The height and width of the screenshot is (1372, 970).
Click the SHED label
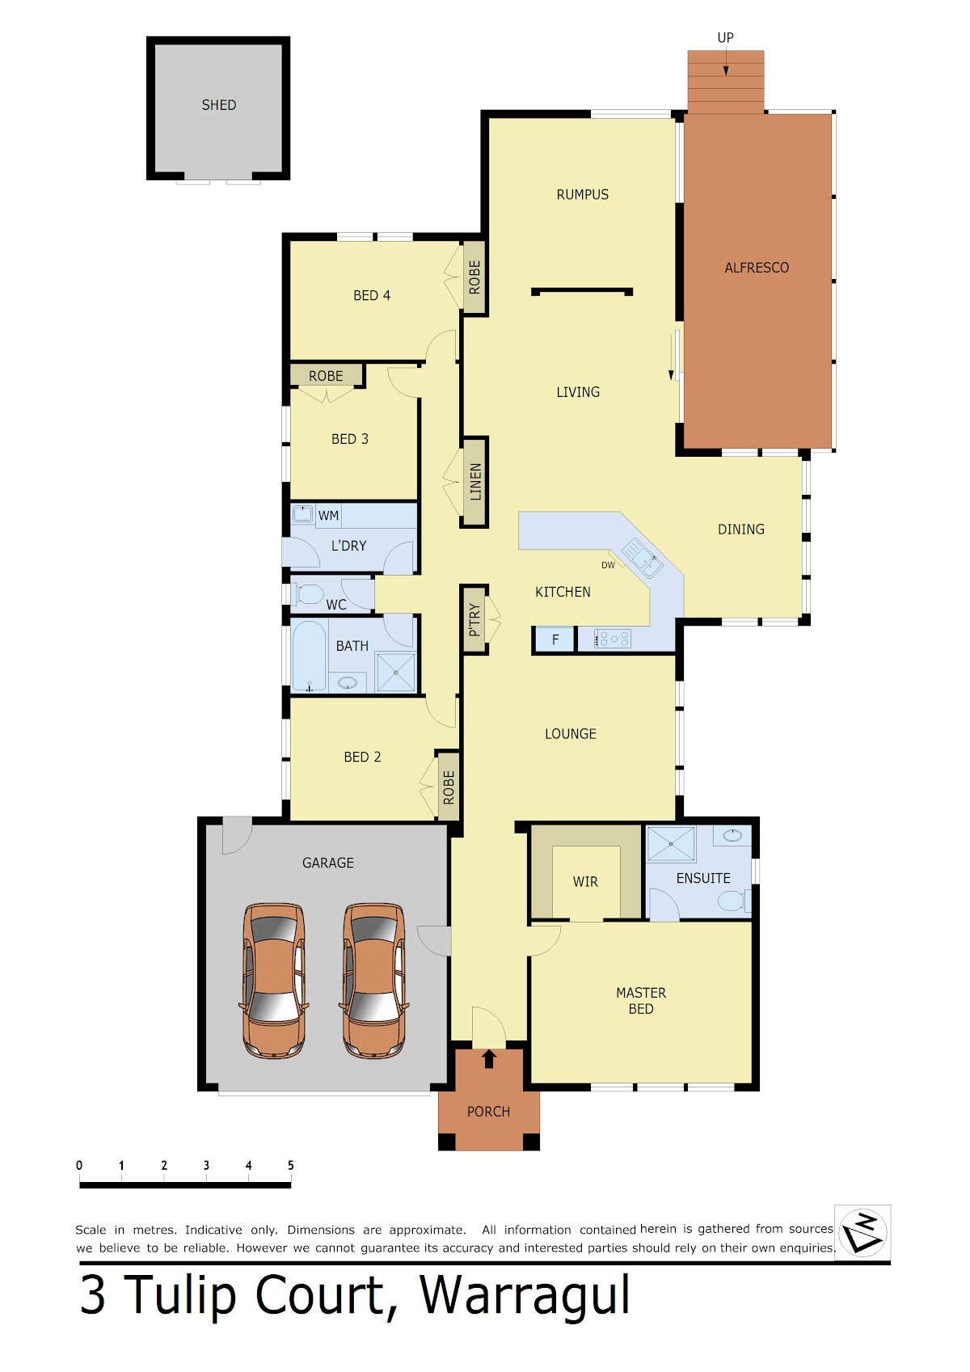pyautogui.click(x=218, y=105)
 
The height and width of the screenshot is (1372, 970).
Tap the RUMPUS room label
pyautogui.click(x=582, y=195)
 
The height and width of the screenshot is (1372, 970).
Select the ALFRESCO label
pyautogui.click(x=757, y=268)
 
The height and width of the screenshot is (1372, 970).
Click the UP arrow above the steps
pyautogui.click(x=726, y=62)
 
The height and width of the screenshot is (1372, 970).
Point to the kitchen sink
pyautogui.click(x=641, y=557)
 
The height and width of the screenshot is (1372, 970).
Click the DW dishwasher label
pyautogui.click(x=608, y=565)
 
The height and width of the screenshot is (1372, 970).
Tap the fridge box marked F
pyautogui.click(x=555, y=640)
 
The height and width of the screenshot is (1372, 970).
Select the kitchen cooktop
pyautogui.click(x=612, y=639)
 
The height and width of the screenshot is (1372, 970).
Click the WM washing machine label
pyautogui.click(x=328, y=516)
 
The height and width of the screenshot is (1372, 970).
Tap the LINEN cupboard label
pyautogui.click(x=475, y=482)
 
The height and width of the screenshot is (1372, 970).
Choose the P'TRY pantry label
pyautogui.click(x=474, y=620)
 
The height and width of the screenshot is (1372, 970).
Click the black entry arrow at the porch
pyautogui.click(x=489, y=1059)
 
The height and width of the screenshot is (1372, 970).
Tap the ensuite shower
pyautogui.click(x=671, y=844)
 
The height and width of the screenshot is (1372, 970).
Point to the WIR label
pyautogui.click(x=584, y=882)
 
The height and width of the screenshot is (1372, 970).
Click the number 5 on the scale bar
pyautogui.click(x=290, y=1166)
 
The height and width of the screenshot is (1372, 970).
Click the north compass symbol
pyautogui.click(x=862, y=1232)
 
